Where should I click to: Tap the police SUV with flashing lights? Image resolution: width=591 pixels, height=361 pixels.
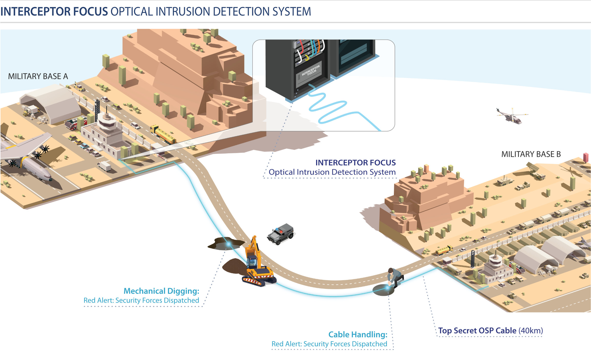coord(281,233)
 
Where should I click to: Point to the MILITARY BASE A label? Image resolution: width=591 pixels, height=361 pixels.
coord(38,76)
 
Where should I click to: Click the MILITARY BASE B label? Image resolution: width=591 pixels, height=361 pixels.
coord(531,154)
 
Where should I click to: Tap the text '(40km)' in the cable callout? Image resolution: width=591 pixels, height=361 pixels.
coord(530,330)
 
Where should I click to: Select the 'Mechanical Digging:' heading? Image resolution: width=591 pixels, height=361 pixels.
coord(161,291)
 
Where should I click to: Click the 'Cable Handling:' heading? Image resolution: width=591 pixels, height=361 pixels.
coord(358,334)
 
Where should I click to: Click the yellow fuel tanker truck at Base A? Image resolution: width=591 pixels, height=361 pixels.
coord(163,134)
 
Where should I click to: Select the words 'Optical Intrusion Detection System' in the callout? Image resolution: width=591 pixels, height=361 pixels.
coord(332,172)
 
